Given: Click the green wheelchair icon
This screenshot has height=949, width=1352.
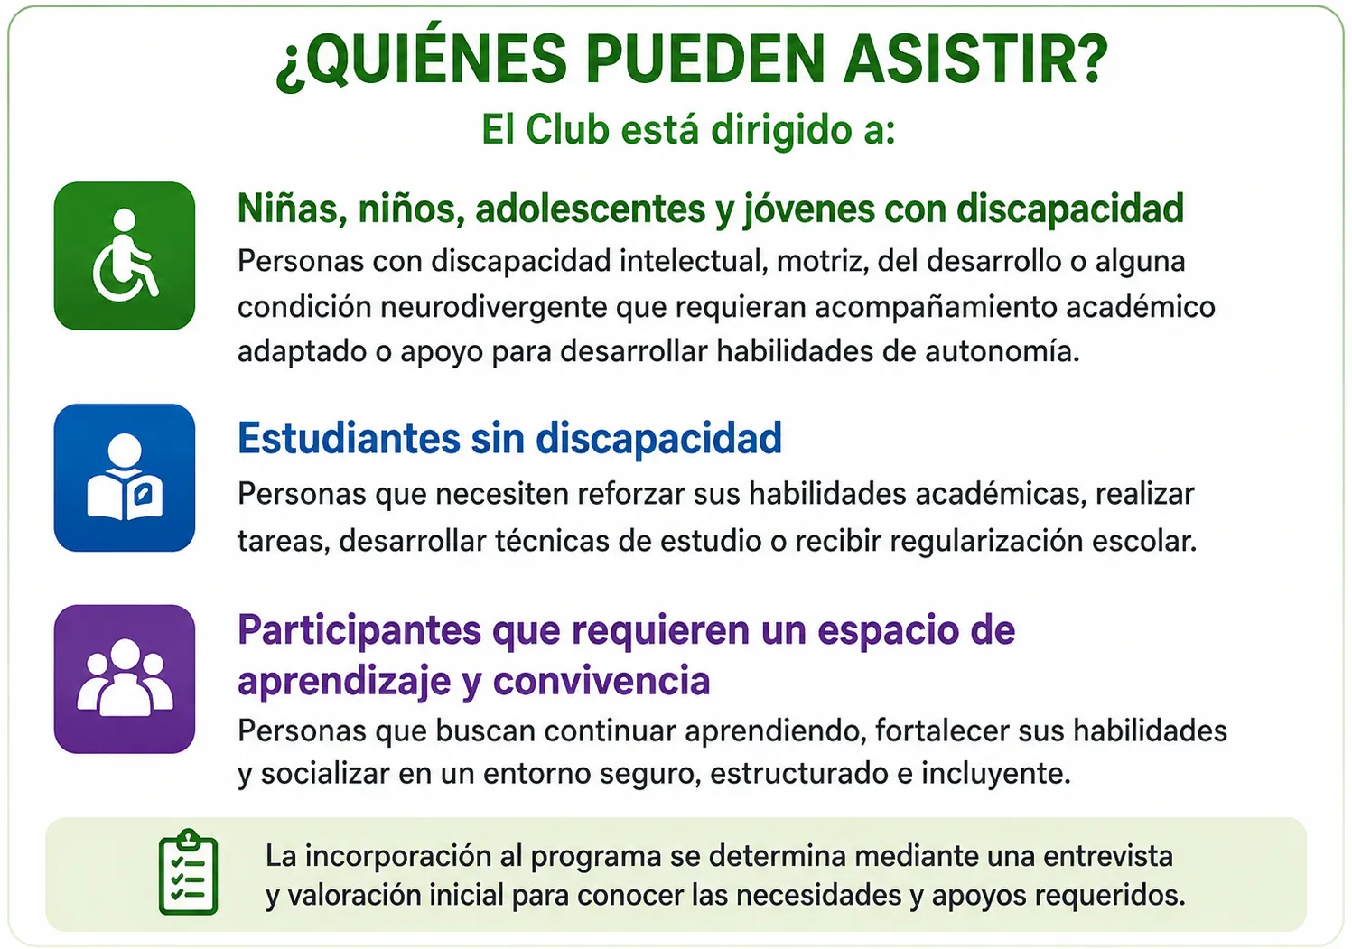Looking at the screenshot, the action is (x=125, y=256).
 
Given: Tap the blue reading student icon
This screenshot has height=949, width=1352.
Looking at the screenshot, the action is (x=125, y=478).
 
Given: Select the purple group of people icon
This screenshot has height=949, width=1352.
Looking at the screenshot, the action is (x=125, y=679).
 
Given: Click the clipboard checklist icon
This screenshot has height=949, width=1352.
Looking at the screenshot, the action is (x=189, y=872).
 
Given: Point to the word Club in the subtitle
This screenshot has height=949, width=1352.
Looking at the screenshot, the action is (x=567, y=130).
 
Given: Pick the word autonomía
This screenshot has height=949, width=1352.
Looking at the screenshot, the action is (x=1002, y=351).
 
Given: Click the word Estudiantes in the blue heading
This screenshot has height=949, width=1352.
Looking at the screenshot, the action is (x=350, y=438).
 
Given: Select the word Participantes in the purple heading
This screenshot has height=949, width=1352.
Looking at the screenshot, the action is (x=359, y=631).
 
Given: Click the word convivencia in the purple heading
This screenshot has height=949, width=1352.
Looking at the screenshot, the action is (x=601, y=681).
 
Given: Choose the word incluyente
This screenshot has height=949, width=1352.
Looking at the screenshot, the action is (x=996, y=774).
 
